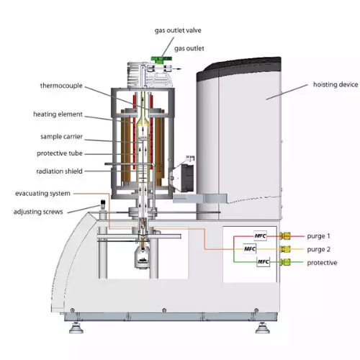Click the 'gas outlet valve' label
(x=178, y=30)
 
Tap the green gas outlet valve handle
(x=161, y=59)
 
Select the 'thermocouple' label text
(x=61, y=86)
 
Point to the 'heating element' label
(x=58, y=114)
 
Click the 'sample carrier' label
(x=61, y=137)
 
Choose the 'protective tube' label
(x=60, y=153)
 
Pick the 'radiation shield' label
(x=59, y=171)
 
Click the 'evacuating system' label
(x=42, y=194)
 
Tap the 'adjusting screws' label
(x=38, y=212)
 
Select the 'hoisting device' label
(x=336, y=84)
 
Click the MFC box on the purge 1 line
(x=261, y=236)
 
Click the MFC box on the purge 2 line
(x=250, y=249)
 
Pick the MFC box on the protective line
(x=264, y=262)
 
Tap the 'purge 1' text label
(x=318, y=236)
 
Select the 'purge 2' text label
(x=318, y=250)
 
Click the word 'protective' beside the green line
(x=322, y=263)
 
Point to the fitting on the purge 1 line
(x=285, y=236)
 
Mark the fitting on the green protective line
(x=285, y=262)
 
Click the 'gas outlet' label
(x=189, y=49)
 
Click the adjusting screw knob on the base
(x=103, y=205)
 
